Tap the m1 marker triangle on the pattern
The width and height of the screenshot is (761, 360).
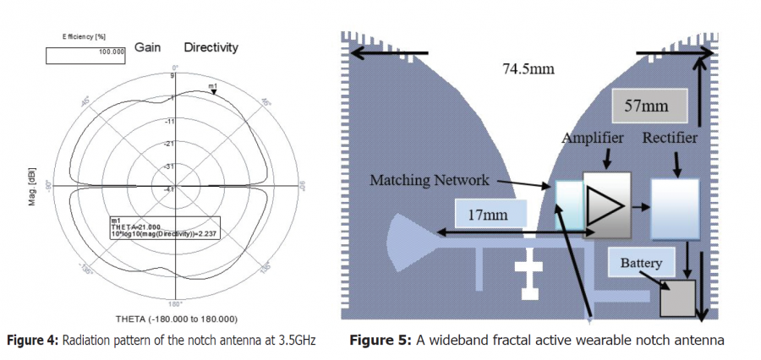pos(213,92)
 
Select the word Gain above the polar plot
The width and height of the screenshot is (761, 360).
pos(148,48)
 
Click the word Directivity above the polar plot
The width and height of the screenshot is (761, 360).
pos(211,48)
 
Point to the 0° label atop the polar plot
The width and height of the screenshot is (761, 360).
pos(176,67)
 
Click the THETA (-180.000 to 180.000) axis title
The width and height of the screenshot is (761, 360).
pos(175,319)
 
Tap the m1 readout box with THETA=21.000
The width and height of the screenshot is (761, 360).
pos(163,229)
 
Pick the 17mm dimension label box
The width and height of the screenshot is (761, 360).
pos(490,215)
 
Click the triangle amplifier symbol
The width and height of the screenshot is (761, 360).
pos(605,206)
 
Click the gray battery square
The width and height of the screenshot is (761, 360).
pos(677,297)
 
